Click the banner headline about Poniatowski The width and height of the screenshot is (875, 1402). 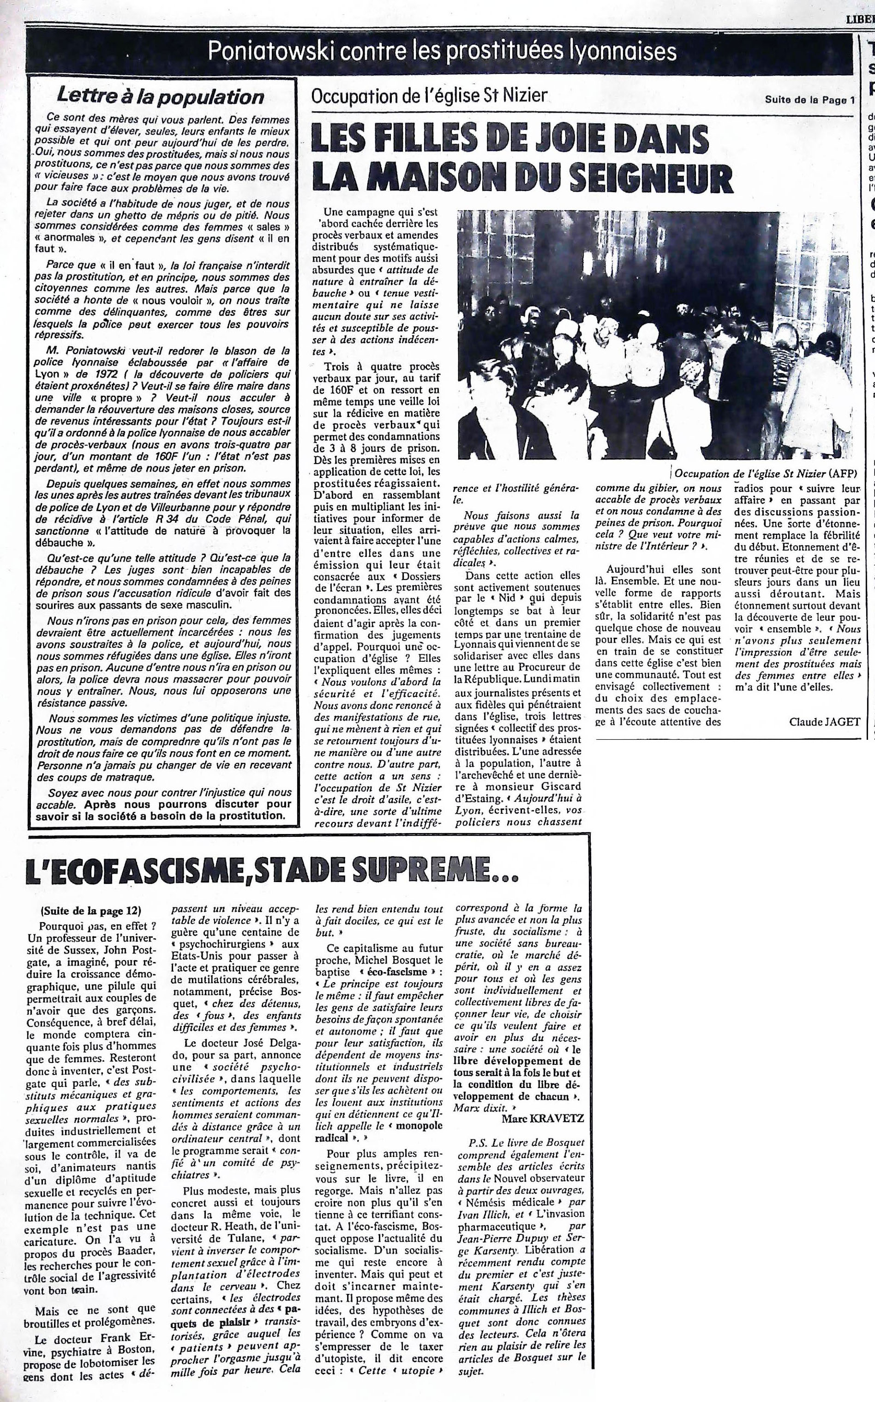(442, 52)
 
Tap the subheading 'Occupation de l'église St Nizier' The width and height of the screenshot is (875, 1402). (429, 94)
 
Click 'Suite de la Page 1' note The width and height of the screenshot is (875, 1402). (809, 100)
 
